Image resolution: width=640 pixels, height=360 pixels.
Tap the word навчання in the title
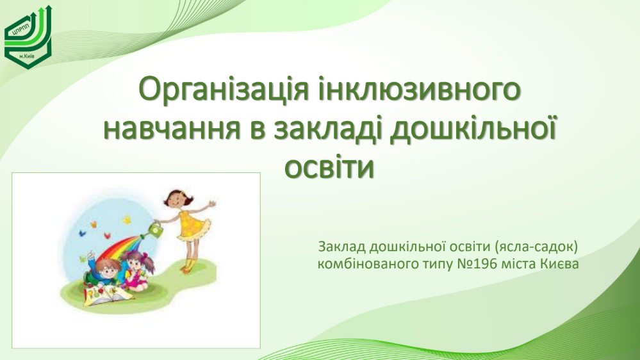tap(172, 129)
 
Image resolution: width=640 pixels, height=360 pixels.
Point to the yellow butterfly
tap(127, 220)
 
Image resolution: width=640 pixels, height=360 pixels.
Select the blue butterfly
tap(83, 233)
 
